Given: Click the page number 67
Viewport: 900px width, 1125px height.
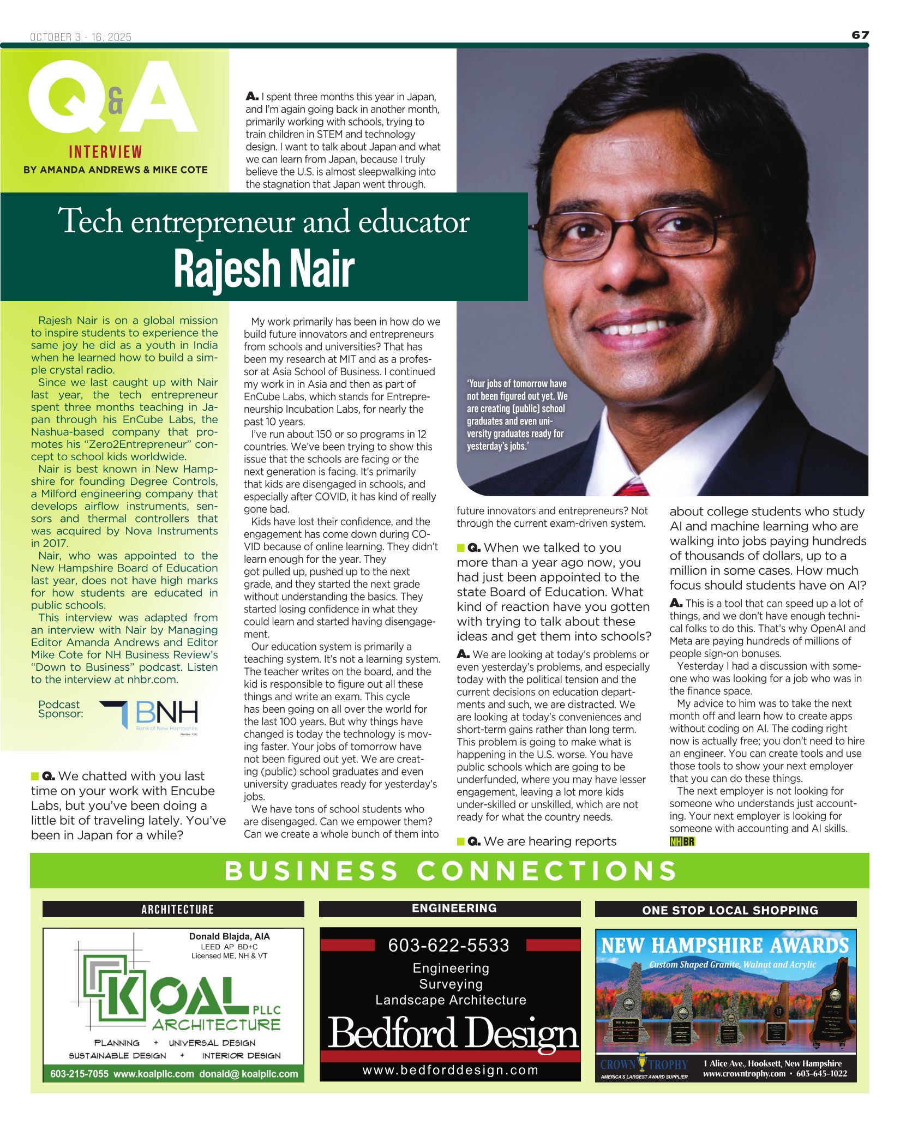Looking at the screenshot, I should [x=860, y=35].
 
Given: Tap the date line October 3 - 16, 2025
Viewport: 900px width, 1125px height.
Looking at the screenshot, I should [x=81, y=37].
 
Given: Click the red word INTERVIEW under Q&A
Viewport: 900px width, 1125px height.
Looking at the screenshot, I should [x=105, y=152].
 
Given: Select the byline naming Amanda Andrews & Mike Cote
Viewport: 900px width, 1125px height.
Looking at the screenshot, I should [x=115, y=170].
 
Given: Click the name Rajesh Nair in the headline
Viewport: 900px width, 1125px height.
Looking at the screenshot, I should [x=264, y=269].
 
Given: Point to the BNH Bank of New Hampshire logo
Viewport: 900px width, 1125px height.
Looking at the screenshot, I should [x=149, y=715].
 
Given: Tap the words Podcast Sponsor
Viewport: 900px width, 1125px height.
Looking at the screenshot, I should [x=60, y=709].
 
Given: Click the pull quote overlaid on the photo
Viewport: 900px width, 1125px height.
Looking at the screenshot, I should [x=517, y=415].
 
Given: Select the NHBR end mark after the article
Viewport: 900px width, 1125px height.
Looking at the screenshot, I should [x=682, y=841].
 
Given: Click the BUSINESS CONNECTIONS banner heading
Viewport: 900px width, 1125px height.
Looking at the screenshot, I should [x=450, y=871].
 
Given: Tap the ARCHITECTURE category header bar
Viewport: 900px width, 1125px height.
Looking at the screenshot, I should [x=173, y=909].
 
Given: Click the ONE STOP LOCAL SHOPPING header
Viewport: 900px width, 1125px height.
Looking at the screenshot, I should [x=730, y=910].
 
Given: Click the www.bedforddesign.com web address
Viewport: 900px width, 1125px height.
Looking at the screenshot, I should [x=450, y=1070].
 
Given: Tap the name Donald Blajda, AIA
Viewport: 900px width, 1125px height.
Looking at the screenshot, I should [x=229, y=936].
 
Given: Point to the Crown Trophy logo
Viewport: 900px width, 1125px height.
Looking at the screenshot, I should [x=644, y=1065].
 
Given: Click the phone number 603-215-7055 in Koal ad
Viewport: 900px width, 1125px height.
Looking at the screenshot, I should [x=80, y=1074].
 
